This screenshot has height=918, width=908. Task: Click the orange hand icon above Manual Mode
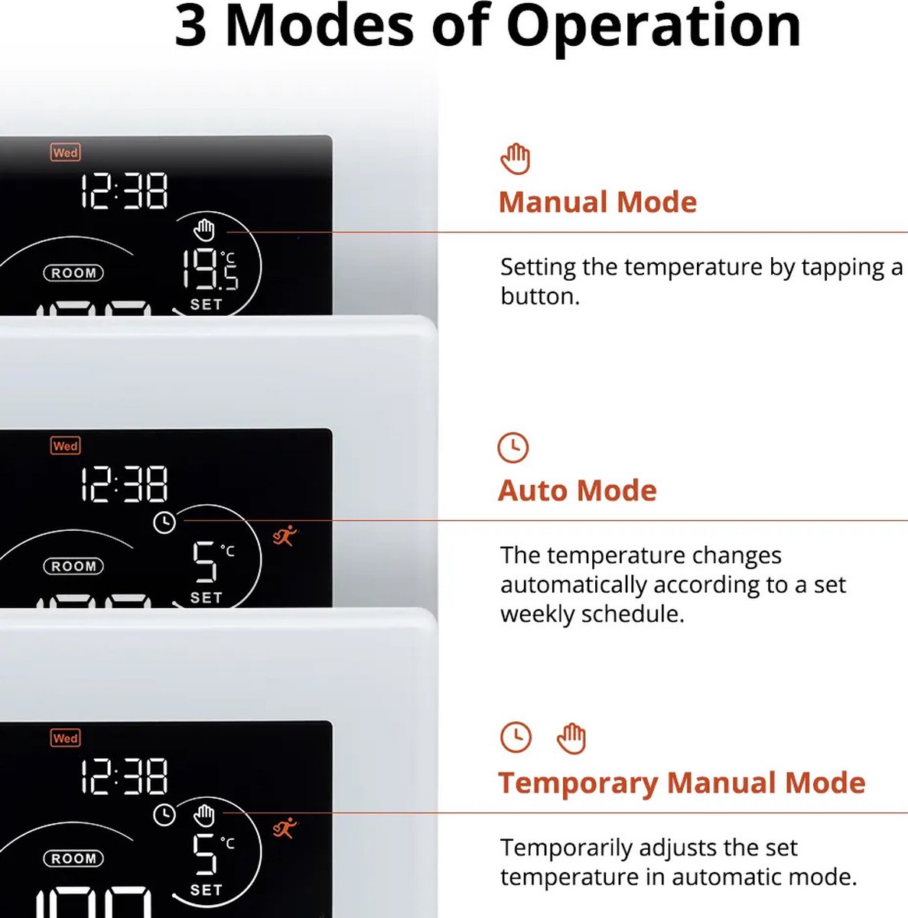[516, 158]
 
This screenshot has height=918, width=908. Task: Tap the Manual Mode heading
[598, 202]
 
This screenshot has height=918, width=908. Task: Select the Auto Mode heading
[578, 490]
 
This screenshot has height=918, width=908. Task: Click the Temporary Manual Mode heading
[682, 783]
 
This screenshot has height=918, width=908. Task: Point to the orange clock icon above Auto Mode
[513, 448]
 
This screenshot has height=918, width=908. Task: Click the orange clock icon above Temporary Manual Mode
[516, 737]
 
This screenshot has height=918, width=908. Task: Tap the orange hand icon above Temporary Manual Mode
[571, 738]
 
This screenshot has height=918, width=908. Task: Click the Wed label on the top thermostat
[66, 152]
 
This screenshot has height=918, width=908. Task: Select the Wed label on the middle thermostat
[66, 446]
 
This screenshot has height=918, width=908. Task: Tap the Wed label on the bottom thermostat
[66, 738]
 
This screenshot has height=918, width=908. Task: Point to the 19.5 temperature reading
[210, 269]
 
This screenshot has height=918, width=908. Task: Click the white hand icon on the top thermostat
[204, 230]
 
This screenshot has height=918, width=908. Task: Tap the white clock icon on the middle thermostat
[164, 522]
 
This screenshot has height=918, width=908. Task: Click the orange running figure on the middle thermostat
[285, 536]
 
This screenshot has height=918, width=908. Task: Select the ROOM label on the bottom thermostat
[73, 858]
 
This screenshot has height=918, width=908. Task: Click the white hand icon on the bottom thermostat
[204, 815]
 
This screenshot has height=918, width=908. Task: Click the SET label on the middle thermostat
[207, 597]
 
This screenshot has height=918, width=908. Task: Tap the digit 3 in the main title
[191, 26]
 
